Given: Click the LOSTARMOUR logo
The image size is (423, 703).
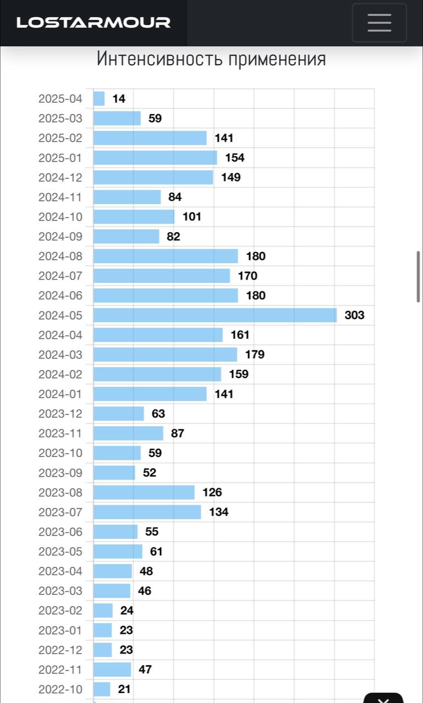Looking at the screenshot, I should point(94,23).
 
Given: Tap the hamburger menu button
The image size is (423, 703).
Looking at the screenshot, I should point(379,23).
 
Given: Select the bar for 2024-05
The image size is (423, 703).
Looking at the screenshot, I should point(215,315).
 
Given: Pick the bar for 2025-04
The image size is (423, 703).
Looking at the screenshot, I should point(99,99).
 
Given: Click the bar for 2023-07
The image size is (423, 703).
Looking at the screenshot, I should point(147,512).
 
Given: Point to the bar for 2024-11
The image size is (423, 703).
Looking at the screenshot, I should point(127,197).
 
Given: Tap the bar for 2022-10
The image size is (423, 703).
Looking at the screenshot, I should point(102,689).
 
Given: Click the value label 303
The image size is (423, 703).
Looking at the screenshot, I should point(354,315).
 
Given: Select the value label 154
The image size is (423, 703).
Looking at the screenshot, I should point(235,158).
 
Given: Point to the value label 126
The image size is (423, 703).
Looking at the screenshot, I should point(212,492).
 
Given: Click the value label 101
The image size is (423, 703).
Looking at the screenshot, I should point(192,216).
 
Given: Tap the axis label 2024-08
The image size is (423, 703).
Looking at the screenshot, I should point(60,256).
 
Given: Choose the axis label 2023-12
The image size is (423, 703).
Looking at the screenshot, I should point(60,414).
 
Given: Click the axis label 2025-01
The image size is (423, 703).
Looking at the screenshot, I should point(60,158).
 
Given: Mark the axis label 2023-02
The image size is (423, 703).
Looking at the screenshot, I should point(60,610).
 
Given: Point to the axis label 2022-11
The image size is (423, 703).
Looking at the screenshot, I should point(60,669).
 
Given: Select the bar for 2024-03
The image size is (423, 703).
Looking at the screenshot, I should point(165,354).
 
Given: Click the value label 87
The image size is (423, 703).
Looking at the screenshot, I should point(178,433).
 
